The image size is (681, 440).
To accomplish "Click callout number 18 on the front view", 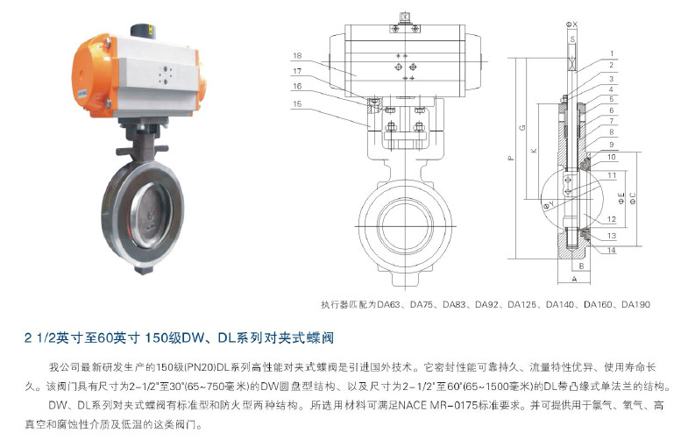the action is tap(297, 55).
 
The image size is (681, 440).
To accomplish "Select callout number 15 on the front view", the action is tap(297, 103).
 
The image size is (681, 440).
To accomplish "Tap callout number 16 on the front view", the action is tap(297, 86).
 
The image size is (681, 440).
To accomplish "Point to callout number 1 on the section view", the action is tap(612, 53).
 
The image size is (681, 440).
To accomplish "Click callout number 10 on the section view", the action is tap(612, 157).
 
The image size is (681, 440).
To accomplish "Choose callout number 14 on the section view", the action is tap(612, 250).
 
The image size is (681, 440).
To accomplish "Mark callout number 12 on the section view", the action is tap(612, 219).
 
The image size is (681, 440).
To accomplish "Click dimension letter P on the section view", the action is tap(511, 159).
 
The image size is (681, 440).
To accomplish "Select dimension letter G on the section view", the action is tap(522, 128).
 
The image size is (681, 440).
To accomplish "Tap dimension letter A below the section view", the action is tap(574, 279).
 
